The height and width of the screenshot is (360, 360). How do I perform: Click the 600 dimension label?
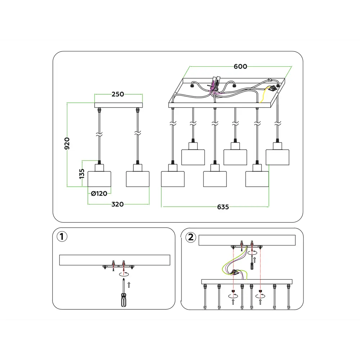240,67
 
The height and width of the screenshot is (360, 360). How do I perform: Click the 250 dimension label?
118,94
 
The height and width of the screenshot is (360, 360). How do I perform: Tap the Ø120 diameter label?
99,194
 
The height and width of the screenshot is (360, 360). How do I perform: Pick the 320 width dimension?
117,204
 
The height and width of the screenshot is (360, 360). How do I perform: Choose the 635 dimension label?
222,207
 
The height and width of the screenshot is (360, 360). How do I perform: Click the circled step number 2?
190,237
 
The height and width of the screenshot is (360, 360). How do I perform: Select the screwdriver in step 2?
252,266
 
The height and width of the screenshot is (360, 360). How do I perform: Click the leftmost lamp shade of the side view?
99,179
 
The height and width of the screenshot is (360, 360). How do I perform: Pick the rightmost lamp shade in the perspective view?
278,157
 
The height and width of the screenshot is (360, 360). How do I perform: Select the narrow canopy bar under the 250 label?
118,105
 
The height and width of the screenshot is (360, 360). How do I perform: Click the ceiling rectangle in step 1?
114,260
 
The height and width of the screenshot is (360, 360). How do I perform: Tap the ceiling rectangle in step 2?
247,240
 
